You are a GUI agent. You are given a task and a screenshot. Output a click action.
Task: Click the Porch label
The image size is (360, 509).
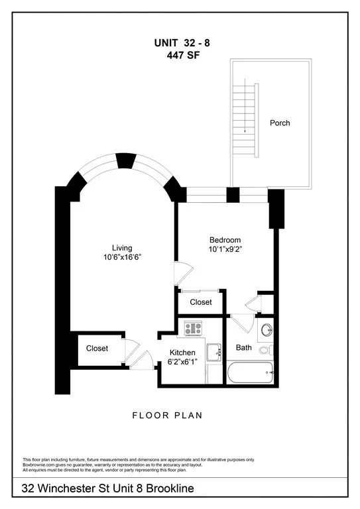point(280,123)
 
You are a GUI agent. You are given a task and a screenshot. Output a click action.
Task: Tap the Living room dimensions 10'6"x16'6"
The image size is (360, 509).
point(122,257)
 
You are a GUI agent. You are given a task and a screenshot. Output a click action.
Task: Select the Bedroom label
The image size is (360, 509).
point(225,240)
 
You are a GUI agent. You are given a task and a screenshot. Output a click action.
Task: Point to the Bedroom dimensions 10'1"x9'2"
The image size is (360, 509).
point(225,249)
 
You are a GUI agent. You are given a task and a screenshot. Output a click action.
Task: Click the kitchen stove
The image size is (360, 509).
point(193,328)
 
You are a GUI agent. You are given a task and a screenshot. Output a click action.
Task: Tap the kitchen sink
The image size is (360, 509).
point(214,352)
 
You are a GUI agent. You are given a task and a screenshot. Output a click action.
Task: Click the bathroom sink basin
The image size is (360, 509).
point(267,330)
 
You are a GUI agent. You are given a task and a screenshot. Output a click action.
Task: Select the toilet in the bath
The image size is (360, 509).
point(266,350)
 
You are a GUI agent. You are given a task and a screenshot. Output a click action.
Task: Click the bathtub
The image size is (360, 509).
point(250,372)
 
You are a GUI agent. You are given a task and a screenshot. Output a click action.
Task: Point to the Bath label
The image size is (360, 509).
point(244,348)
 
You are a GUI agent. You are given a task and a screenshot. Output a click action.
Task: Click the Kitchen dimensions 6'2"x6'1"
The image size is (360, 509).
point(182,362)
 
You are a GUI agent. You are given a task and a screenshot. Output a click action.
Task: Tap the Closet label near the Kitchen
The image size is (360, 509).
point(201,302)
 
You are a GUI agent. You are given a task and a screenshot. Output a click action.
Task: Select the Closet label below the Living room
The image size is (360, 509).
point(97,349)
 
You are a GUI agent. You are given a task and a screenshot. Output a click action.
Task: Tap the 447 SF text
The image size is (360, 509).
point(183,56)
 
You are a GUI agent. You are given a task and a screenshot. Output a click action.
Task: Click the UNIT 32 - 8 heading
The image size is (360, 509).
point(182,43)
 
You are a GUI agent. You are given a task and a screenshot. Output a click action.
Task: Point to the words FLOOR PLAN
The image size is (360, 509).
point(167,416)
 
